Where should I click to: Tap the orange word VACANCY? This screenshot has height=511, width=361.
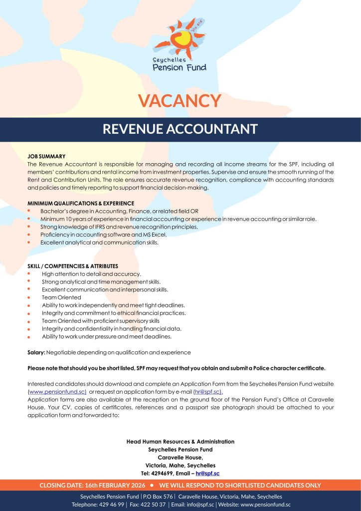point(180,100)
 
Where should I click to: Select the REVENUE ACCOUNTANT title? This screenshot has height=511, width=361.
point(180,129)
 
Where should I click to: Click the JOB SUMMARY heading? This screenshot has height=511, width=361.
point(46,156)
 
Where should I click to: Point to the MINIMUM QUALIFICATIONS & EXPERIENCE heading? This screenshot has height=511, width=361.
point(81,203)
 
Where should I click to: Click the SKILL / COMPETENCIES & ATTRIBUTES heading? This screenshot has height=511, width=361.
point(73,266)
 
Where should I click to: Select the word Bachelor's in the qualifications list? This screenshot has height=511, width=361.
point(55,211)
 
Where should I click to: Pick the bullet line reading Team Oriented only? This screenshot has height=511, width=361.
point(61,297)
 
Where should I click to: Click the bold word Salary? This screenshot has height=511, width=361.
point(36,352)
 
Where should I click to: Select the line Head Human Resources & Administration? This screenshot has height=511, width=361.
point(180,442)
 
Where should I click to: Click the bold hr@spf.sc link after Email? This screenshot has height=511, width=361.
point(207,473)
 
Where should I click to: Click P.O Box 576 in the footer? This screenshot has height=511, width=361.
point(158,497)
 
